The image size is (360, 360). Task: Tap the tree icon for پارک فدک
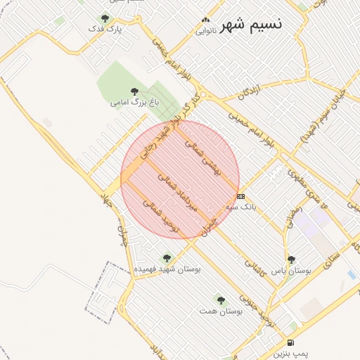tap(105, 18)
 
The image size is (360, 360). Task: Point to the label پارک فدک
tap(105, 30)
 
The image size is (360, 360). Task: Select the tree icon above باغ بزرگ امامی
tap(135, 91)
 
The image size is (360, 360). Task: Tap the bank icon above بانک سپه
tap(241, 196)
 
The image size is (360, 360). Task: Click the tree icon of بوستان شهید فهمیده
tap(167, 258)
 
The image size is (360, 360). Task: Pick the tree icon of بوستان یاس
tap(292, 259)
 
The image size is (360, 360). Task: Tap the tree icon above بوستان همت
tap(221, 300)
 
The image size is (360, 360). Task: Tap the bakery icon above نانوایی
tap(205, 20)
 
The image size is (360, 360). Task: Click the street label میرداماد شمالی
tap(179, 193)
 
